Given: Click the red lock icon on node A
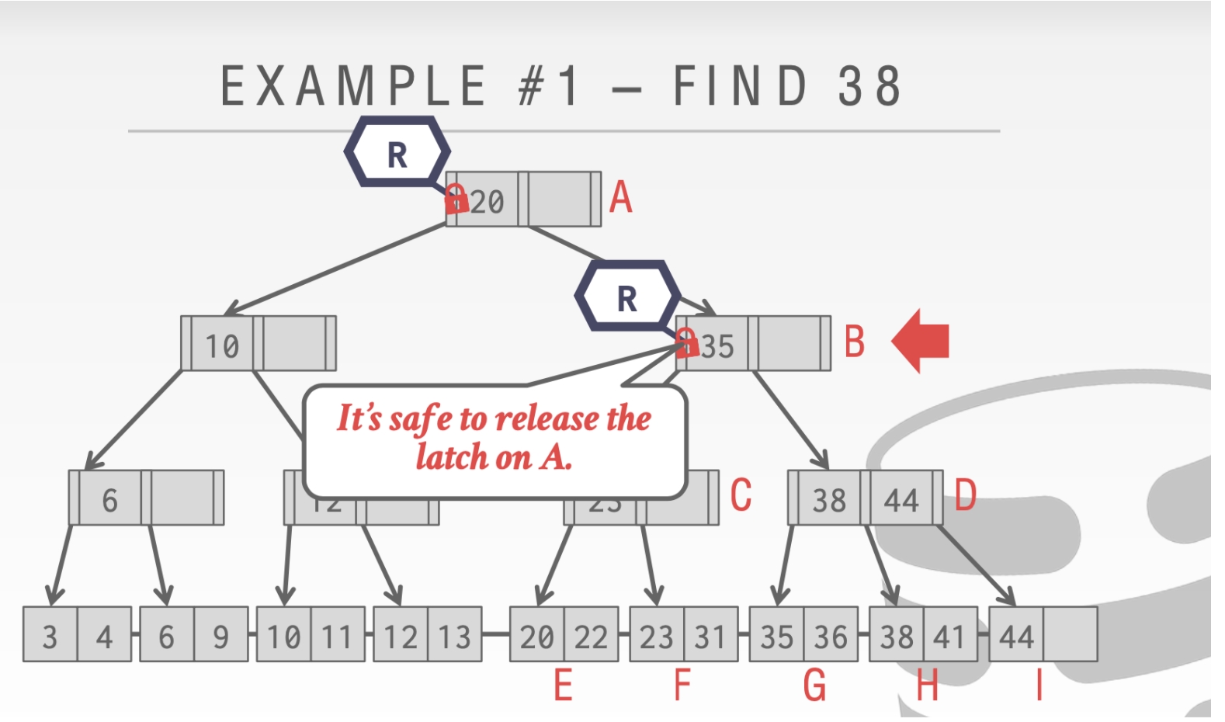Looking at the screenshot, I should tap(456, 200).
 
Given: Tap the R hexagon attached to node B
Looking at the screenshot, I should tap(627, 297).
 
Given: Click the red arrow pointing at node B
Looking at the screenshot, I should tap(921, 341).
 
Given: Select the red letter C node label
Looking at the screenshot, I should tap(741, 495).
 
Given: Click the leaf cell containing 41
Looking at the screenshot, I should tap(949, 636).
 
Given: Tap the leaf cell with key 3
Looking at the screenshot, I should tap(50, 636).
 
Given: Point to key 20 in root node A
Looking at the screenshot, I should tap(488, 202).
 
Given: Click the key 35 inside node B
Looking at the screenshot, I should tap(717, 346).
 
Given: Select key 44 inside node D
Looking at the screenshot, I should tap(901, 499).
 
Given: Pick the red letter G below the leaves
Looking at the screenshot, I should tap(814, 686).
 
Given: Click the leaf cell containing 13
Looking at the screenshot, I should tap(455, 636).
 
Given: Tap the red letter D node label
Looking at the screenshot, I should tap(965, 495).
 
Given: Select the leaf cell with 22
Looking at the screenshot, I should tap(591, 636).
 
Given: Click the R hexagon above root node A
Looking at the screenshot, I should tap(397, 154).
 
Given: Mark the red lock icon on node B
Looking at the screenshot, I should tap(686, 342).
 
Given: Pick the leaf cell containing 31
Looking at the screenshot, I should tap(710, 636).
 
